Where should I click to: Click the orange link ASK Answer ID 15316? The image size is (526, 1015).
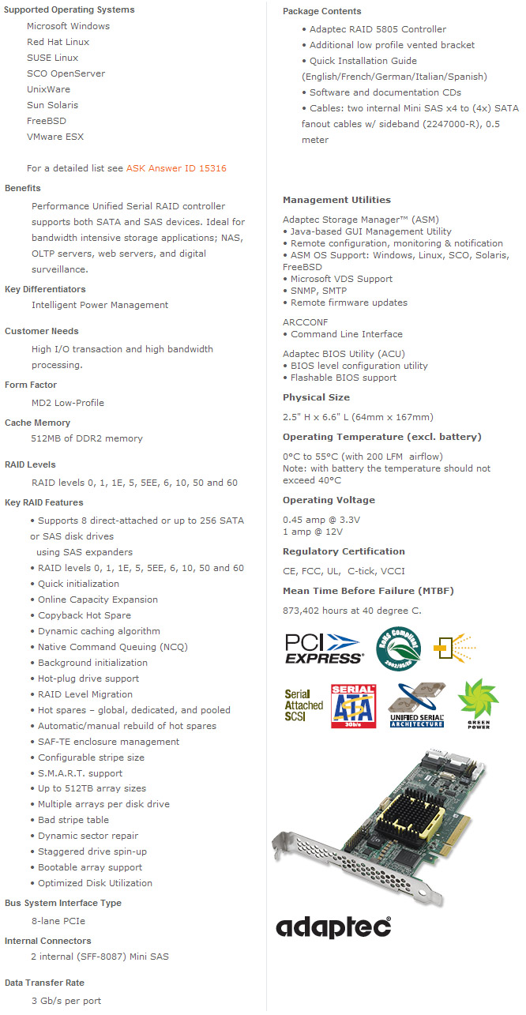tap(176, 168)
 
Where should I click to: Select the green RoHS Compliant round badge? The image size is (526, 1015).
tap(398, 647)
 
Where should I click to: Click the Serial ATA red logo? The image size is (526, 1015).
tap(353, 705)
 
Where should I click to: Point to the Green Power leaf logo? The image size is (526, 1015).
tap(478, 703)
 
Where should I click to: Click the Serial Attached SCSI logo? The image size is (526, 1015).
tap(304, 705)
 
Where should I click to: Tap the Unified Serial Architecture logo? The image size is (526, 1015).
tap(417, 705)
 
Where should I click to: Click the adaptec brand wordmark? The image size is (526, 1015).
tap(333, 926)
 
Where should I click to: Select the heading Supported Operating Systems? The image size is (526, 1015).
tap(70, 9)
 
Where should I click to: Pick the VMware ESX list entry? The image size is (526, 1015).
tap(54, 137)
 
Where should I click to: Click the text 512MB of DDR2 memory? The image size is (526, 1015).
tap(87, 438)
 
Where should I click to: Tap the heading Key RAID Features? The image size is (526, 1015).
tap(43, 502)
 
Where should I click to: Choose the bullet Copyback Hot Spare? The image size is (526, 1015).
tap(85, 615)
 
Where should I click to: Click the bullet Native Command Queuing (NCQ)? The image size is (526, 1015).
tap(102, 647)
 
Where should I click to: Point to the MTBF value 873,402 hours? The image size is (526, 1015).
tap(351, 611)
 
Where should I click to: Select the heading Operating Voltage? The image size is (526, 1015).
tap(329, 500)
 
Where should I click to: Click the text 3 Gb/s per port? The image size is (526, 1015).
tap(66, 1001)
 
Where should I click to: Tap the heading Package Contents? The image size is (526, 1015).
tap(322, 11)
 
